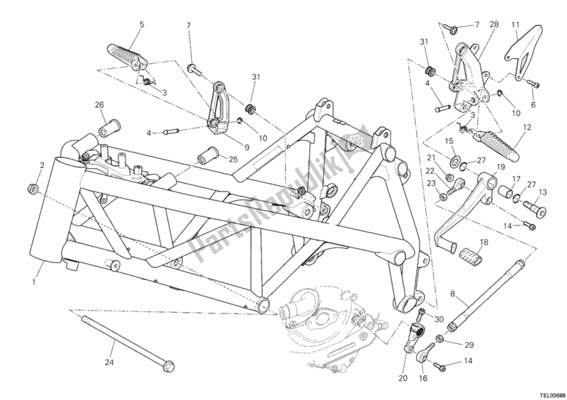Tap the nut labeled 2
[31, 188]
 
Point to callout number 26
[100, 106]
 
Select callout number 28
[494, 25]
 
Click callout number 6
[534, 104]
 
